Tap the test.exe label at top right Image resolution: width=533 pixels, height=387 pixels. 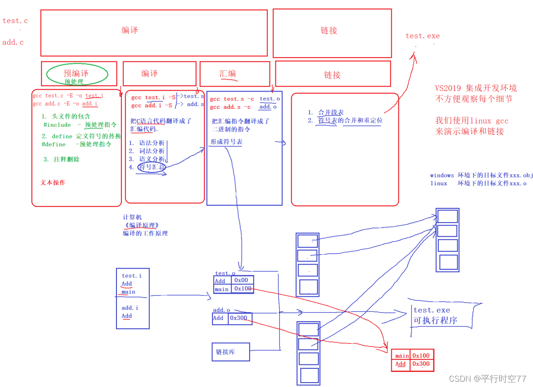point(422,36)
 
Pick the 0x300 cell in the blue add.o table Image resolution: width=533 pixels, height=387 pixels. point(239,318)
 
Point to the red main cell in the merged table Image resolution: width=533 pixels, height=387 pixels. point(402,355)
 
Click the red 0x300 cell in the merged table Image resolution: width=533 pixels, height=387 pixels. point(421,364)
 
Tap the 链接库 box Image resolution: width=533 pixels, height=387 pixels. point(230,352)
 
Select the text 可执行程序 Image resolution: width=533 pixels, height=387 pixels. point(435,320)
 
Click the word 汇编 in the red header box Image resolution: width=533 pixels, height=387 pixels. point(228,73)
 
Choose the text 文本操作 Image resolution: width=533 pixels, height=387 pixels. point(53,182)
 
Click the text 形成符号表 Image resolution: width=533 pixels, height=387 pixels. point(226,142)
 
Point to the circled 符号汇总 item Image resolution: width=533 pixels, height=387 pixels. point(151,167)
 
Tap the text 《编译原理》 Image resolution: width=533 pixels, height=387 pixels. point(141,225)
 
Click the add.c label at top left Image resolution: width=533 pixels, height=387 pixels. point(13,42)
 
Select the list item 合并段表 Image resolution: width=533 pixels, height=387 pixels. point(331,112)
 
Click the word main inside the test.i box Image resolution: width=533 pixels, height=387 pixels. point(128,292)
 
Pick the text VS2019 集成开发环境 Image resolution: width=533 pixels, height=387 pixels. point(476,88)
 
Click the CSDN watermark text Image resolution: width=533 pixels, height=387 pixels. point(487,379)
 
